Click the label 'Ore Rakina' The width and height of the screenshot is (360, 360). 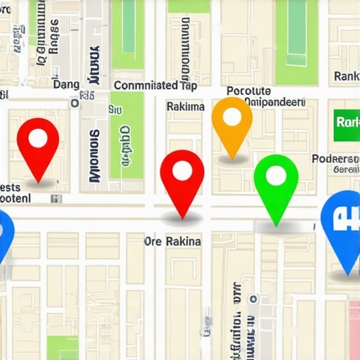[172, 241]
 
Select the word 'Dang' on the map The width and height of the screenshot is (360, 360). [66, 84]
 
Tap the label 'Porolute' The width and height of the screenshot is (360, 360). [249, 91]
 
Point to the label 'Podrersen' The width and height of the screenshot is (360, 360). [335, 159]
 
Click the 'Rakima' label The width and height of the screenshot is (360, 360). [186, 107]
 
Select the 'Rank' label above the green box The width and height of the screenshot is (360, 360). [347, 76]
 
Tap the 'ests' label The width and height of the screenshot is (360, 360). [10, 187]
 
